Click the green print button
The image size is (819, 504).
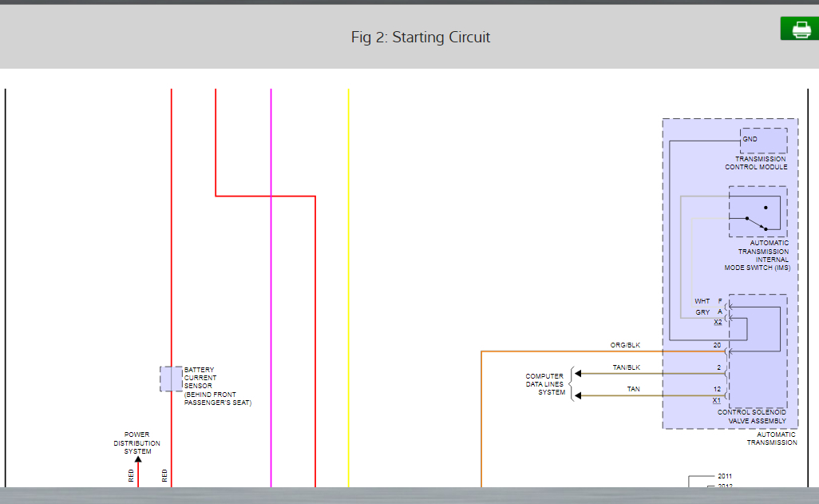click(799, 30)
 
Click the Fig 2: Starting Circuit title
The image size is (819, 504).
click(421, 38)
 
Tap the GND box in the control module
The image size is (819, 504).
click(763, 141)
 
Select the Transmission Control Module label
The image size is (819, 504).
click(755, 163)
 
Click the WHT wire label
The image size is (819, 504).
click(702, 301)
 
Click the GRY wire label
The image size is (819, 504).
click(702, 312)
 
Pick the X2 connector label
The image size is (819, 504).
click(718, 322)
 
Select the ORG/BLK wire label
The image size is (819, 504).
click(625, 345)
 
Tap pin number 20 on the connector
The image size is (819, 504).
click(717, 345)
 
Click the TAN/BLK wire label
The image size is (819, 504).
click(627, 367)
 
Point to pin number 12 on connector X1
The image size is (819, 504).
click(717, 389)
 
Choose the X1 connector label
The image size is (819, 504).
click(717, 400)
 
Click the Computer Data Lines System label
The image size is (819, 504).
click(544, 384)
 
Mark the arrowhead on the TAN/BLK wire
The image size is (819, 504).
click(578, 373)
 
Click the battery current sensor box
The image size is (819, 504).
click(171, 379)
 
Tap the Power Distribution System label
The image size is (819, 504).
click(136, 443)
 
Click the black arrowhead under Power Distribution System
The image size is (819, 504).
click(137, 458)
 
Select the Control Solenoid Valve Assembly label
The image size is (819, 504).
click(751, 416)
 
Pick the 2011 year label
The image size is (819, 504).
click(725, 476)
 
